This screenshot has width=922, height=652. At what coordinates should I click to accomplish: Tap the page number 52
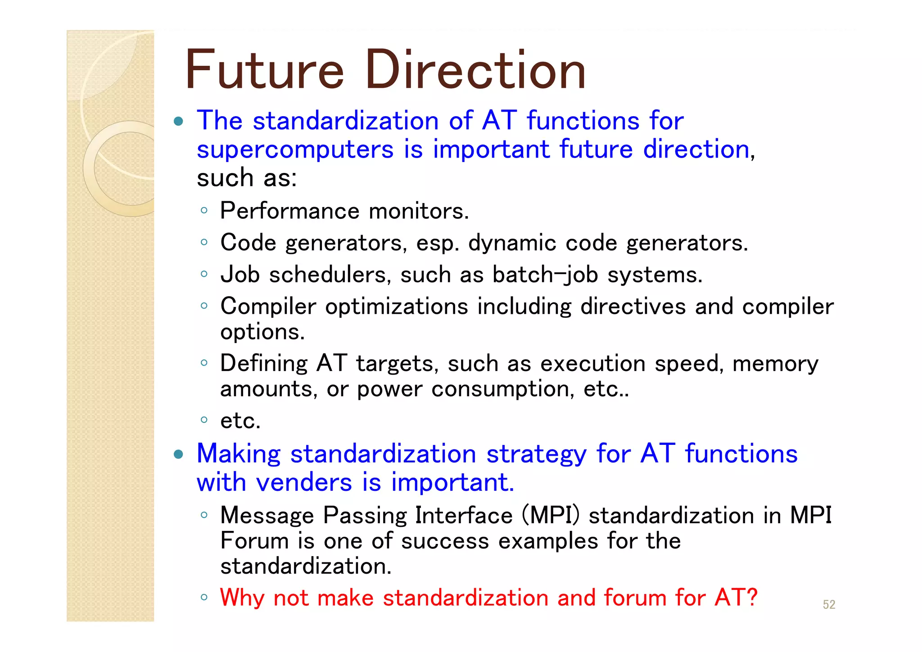click(829, 604)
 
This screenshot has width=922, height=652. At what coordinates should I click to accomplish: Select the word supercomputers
click(295, 150)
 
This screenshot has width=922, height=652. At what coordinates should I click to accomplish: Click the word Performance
click(289, 211)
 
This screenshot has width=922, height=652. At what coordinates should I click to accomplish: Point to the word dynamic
click(512, 243)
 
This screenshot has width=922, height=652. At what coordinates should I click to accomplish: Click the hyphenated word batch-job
click(545, 275)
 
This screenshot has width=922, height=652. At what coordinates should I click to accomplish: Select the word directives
click(633, 307)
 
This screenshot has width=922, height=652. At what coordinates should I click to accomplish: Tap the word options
click(262, 332)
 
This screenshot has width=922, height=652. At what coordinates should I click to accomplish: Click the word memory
click(775, 364)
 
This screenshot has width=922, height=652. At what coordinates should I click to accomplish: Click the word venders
click(304, 483)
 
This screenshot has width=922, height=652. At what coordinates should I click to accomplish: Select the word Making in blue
click(239, 454)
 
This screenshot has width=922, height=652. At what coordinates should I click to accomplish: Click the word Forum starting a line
click(254, 541)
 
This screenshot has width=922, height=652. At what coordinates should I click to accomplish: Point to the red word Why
click(242, 598)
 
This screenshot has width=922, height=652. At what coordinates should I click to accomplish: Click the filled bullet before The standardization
click(179, 121)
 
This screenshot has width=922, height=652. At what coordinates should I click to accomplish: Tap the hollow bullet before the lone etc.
click(204, 420)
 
